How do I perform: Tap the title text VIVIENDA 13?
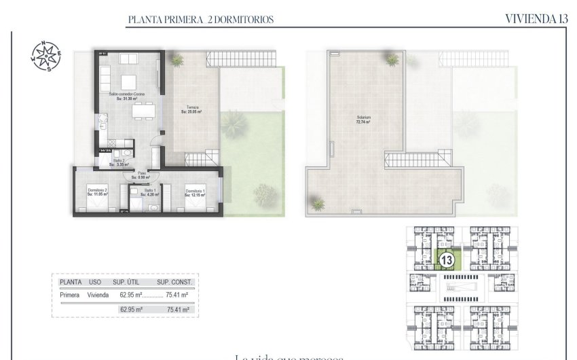click(x=536, y=19)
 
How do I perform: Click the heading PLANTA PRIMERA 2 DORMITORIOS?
click(x=200, y=20)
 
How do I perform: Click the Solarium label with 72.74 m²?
click(x=365, y=120)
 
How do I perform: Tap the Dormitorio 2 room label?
click(x=98, y=192)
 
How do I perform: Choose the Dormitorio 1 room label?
click(x=196, y=192)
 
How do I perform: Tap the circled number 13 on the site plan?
click(x=447, y=259)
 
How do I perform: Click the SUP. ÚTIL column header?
click(x=127, y=282)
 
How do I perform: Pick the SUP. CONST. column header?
click(x=175, y=282)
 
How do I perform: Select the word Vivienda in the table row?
click(x=98, y=295)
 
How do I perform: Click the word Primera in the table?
click(x=71, y=295)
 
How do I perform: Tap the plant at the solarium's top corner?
click(x=392, y=60)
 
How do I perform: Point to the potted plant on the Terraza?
click(x=178, y=60)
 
